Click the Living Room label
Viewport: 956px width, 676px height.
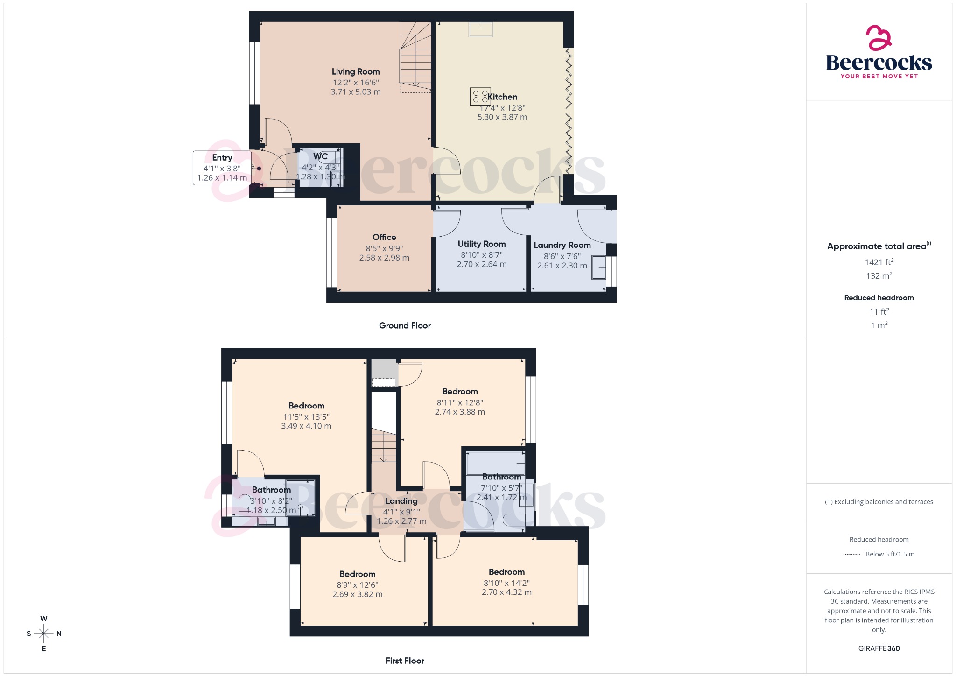click(355, 71)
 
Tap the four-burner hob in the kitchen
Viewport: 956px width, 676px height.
click(480, 96)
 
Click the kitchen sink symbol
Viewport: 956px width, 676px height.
click(480, 29)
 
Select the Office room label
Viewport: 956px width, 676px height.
click(384, 237)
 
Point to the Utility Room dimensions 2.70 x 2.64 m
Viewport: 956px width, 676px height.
click(481, 264)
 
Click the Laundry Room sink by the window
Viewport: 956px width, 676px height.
click(598, 268)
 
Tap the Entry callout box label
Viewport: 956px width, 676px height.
click(222, 158)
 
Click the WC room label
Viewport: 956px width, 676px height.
click(320, 156)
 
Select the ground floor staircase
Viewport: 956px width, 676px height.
click(415, 58)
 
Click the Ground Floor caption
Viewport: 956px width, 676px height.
click(405, 325)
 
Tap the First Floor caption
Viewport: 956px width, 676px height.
click(405, 661)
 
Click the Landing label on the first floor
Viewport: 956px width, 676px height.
click(401, 501)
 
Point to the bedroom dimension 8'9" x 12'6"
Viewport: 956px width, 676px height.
click(358, 585)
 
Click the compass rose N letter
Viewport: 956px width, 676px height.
click(59, 634)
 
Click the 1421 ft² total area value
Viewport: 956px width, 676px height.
click(879, 262)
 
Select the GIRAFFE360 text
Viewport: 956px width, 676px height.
click(879, 648)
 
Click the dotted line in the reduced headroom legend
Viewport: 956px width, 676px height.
click(852, 555)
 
